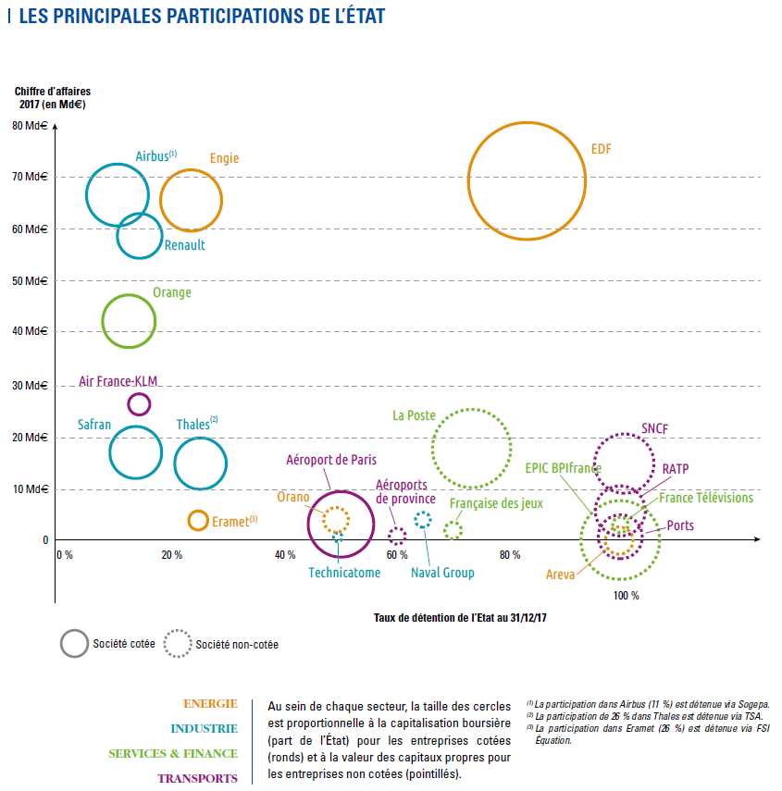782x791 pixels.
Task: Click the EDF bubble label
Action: pos(602,149)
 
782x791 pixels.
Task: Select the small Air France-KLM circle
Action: pos(139,403)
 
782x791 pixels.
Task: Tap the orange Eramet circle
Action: pos(197,520)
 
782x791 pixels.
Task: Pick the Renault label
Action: pos(184,246)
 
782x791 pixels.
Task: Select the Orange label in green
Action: pos(171,293)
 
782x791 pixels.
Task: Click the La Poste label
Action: pos(414,416)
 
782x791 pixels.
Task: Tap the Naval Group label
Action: pos(442,574)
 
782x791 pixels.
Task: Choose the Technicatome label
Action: pos(344,574)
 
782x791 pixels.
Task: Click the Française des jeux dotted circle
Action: pos(453,530)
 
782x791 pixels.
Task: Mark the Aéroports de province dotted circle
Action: pos(397,535)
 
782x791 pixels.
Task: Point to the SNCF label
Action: pos(654,429)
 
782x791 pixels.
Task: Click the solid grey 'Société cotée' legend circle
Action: pos(74,644)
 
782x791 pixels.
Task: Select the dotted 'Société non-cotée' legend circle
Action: pos(177,644)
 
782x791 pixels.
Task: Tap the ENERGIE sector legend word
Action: pos(210,704)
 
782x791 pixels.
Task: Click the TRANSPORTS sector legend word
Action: pos(197,778)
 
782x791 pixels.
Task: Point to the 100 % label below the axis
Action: pos(626,596)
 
